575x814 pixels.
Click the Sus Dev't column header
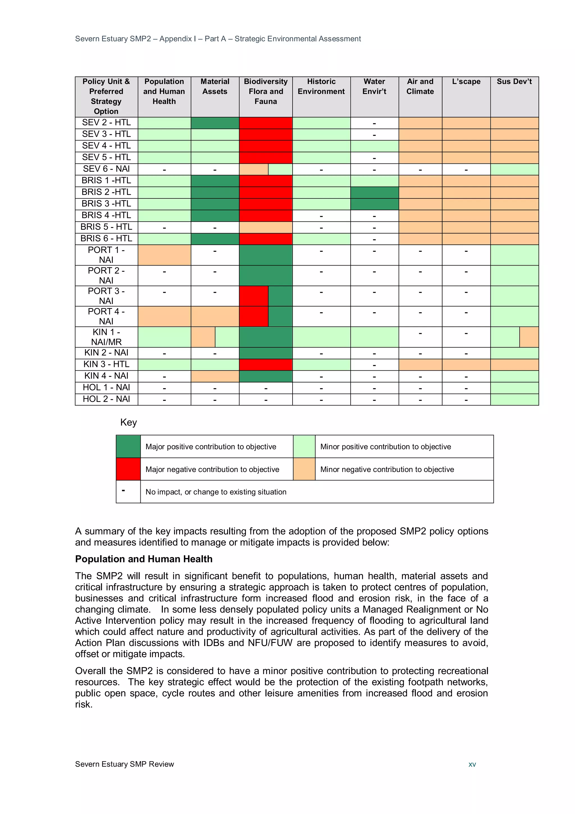[x=514, y=81]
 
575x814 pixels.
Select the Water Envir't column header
[x=374, y=87]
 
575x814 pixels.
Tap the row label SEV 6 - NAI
[x=106, y=169]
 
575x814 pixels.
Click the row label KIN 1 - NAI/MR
[x=106, y=337]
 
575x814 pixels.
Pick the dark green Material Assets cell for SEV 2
[x=215, y=123]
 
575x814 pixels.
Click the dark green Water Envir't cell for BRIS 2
[x=374, y=192]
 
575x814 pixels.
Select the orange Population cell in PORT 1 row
[x=164, y=255]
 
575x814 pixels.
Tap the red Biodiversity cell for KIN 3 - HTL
[x=265, y=364]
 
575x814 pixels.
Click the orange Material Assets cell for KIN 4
[x=215, y=376]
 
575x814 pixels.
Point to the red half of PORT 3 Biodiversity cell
[x=254, y=296]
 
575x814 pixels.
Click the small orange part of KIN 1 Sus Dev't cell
[x=529, y=337]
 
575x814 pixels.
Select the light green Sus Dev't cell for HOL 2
[x=514, y=399]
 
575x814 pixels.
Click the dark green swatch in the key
[x=128, y=446]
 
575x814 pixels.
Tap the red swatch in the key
[x=128, y=469]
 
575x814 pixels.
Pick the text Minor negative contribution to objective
[x=387, y=470]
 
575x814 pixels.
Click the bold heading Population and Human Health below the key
[x=143, y=559]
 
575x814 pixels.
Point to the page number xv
[x=472, y=764]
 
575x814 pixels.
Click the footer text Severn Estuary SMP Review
[x=124, y=764]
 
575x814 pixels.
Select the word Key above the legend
[x=128, y=422]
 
